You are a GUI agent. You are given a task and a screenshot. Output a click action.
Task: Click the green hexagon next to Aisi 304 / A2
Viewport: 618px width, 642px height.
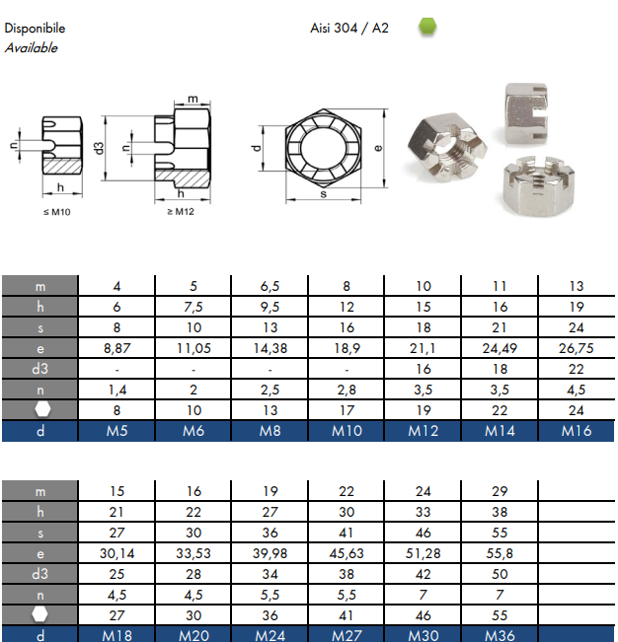(x=427, y=27)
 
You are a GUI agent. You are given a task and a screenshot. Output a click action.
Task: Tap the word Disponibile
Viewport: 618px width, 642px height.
(x=35, y=29)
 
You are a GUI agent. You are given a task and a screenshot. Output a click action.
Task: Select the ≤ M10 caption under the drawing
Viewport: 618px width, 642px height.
(x=57, y=212)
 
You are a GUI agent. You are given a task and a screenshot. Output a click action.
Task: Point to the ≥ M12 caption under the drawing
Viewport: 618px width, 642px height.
(x=181, y=212)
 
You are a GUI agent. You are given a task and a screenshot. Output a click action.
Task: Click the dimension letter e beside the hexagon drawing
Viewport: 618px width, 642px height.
(x=378, y=148)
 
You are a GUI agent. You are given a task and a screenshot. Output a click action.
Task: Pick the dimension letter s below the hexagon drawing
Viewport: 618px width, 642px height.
(x=324, y=194)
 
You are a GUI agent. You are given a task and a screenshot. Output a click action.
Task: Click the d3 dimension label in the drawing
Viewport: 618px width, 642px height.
(x=99, y=148)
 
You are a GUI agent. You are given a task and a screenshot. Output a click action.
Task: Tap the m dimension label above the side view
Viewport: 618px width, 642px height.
(x=193, y=99)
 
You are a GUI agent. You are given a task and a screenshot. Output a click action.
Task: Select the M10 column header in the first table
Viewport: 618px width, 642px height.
(x=347, y=431)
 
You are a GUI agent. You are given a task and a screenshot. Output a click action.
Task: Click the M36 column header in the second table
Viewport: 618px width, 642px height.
(x=500, y=636)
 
